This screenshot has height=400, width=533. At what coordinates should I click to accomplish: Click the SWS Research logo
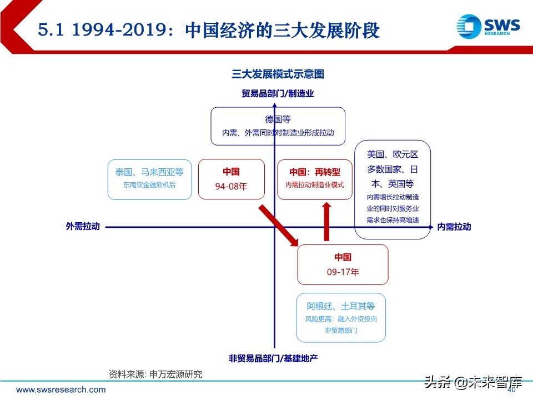[x=488, y=26]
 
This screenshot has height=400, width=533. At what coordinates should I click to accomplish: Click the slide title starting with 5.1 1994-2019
[x=209, y=29]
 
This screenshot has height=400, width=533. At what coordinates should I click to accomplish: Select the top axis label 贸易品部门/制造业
[x=278, y=93]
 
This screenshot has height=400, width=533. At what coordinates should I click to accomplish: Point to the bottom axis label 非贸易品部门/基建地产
[x=273, y=358]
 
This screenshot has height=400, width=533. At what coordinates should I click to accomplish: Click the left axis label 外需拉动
[x=83, y=226]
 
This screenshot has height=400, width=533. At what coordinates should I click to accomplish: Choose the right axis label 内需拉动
[x=454, y=226]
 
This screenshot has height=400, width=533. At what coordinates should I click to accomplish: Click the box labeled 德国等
[x=278, y=126]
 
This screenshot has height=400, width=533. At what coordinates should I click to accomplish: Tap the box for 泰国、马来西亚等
[x=149, y=179]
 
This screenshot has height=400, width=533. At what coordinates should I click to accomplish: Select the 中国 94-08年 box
[x=231, y=179]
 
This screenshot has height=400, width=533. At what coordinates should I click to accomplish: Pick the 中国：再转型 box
[x=315, y=179]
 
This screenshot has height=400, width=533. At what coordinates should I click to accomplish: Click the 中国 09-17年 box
[x=343, y=264]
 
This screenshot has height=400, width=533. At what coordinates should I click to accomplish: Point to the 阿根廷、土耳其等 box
[x=341, y=318]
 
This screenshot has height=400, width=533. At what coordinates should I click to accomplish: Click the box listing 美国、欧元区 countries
[x=393, y=189]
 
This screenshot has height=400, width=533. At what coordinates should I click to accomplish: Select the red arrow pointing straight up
[x=327, y=221]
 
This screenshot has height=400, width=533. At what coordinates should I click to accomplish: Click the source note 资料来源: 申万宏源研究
[x=155, y=374]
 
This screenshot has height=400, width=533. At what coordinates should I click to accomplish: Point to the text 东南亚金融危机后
[x=149, y=185]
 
